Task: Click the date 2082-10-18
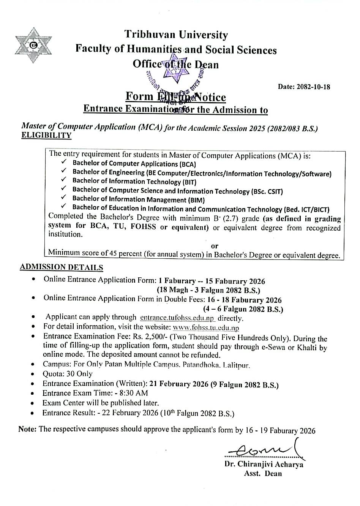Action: [x=304, y=87]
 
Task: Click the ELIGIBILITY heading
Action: [x=46, y=135]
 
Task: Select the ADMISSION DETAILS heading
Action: [x=61, y=267]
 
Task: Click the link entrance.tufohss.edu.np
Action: [x=177, y=318]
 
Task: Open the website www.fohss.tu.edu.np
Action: [x=206, y=327]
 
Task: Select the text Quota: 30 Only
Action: [x=67, y=374]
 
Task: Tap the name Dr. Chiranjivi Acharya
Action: [x=264, y=464]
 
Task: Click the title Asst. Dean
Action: [x=263, y=473]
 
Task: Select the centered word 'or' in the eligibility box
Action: [x=215, y=246]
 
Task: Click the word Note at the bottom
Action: [x=27, y=429]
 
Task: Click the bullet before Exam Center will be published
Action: [x=34, y=403]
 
